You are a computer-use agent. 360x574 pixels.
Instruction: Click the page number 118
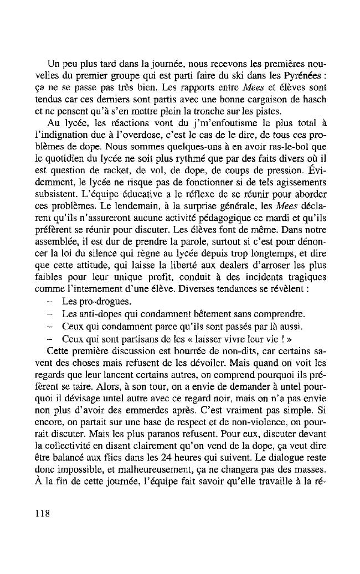point(42,513)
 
